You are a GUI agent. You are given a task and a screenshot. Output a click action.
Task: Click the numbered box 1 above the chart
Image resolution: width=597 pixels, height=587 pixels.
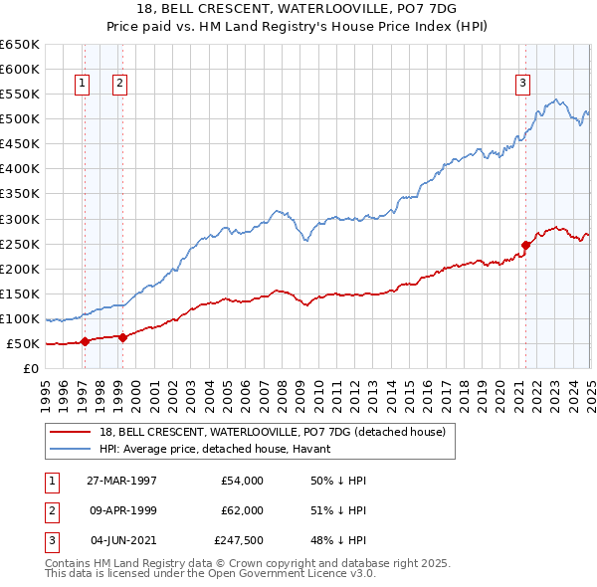[x=82, y=85]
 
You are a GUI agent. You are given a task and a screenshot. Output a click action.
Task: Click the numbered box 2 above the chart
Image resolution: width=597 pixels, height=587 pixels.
[x=119, y=85]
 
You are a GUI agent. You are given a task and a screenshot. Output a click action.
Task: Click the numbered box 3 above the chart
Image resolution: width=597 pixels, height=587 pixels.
[x=522, y=85]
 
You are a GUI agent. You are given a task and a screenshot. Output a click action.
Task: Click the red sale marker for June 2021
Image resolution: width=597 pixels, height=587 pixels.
[x=525, y=245]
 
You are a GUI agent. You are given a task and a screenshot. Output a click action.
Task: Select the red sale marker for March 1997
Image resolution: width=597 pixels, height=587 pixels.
[x=86, y=341]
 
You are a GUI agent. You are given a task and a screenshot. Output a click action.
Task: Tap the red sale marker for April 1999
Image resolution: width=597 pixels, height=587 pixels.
[x=122, y=337]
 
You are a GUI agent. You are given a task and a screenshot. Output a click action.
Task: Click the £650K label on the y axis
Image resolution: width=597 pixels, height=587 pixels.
[x=20, y=45]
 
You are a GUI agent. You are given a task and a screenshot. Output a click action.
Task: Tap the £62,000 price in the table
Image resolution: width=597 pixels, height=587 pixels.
[x=239, y=510]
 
